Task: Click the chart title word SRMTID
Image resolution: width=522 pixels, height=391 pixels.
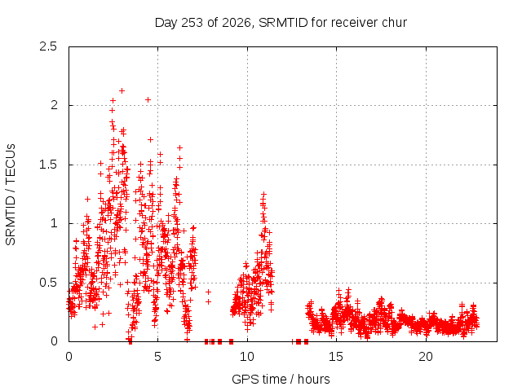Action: pyautogui.click(x=283, y=23)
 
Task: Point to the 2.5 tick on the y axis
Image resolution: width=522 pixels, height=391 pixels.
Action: pyautogui.click(x=48, y=46)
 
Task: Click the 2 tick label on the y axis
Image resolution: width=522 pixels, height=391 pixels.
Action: pyautogui.click(x=54, y=105)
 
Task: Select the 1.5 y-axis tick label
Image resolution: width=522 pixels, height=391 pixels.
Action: pyautogui.click(x=48, y=165)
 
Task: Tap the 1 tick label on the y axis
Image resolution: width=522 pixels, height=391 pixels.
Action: pyautogui.click(x=55, y=223)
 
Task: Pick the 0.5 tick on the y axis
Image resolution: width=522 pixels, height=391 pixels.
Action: pyautogui.click(x=48, y=283)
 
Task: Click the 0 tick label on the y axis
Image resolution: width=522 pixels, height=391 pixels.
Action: pyautogui.click(x=54, y=341)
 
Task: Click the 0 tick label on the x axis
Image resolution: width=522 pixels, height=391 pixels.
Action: pyautogui.click(x=69, y=357)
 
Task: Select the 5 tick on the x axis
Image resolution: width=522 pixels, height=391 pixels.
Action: pyautogui.click(x=157, y=357)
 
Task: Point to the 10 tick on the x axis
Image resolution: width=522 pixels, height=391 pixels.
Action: pyautogui.click(x=247, y=357)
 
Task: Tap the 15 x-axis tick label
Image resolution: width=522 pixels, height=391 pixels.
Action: pyautogui.click(x=336, y=357)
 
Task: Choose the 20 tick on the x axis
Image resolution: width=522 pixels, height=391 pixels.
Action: pyautogui.click(x=426, y=357)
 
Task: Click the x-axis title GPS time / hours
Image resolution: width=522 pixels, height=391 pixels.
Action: pyautogui.click(x=281, y=379)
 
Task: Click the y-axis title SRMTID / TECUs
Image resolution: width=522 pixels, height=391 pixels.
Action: pyautogui.click(x=11, y=195)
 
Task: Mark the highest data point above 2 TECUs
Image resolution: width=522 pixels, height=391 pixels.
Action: pyautogui.click(x=122, y=90)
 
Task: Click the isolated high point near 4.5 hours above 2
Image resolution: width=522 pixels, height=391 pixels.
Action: pyautogui.click(x=148, y=99)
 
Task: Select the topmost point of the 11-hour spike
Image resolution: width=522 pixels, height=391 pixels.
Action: pyautogui.click(x=263, y=194)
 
